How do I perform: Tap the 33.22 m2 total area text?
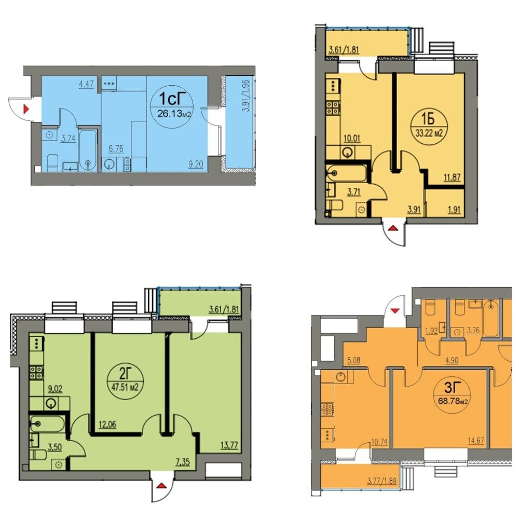(429, 133)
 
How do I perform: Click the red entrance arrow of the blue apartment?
(26, 108)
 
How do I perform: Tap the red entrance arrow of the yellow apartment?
(393, 228)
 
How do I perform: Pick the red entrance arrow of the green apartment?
(161, 486)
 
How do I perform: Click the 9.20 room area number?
(196, 164)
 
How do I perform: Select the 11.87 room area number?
(452, 177)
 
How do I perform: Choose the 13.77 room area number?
(229, 445)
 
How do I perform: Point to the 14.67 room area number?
(476, 441)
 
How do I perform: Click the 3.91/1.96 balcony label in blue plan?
(246, 96)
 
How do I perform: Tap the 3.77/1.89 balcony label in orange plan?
(382, 480)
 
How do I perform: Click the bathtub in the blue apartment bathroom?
(88, 150)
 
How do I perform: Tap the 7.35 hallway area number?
(183, 461)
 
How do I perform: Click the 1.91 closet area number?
(454, 210)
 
